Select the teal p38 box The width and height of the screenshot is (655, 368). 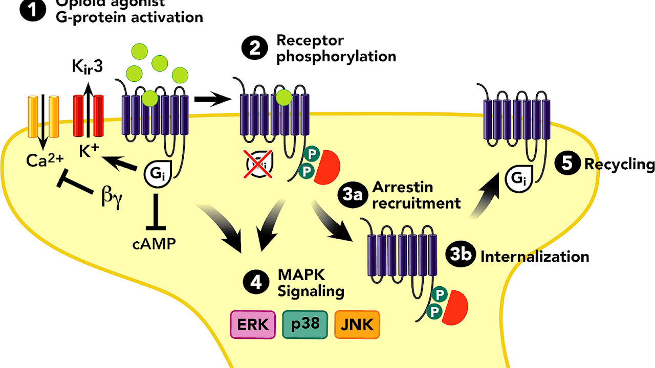pyautogui.click(x=305, y=325)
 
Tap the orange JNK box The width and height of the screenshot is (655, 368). pyautogui.click(x=357, y=325)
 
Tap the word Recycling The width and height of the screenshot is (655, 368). pyautogui.click(x=619, y=165)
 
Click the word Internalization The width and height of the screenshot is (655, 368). pyautogui.click(x=535, y=256)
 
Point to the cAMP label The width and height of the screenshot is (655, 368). pyautogui.click(x=154, y=244)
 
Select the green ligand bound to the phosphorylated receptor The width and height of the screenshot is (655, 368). pyautogui.click(x=283, y=97)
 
